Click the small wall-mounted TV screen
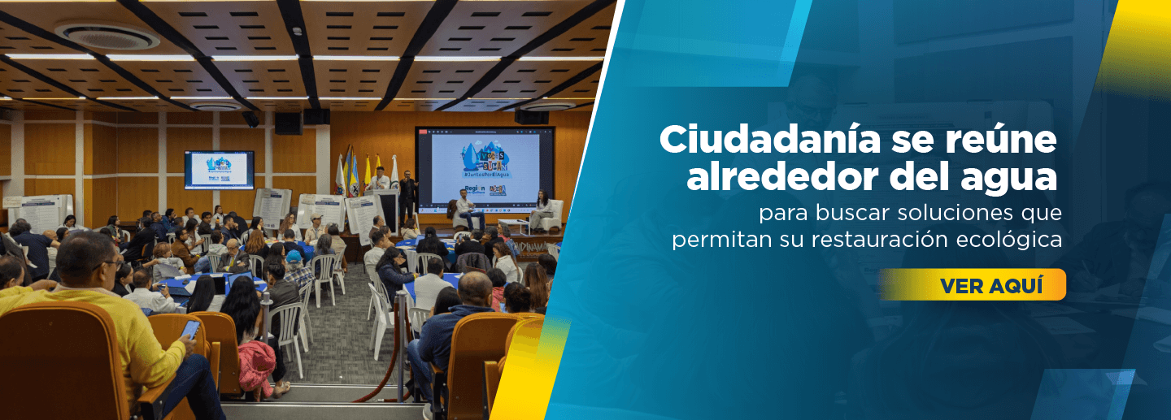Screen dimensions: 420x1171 click(219, 169)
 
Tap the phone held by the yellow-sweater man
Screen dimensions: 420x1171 click(190, 329)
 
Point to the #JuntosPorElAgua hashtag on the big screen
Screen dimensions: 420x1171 click(485, 174)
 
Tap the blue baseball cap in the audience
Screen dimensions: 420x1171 click(294, 258)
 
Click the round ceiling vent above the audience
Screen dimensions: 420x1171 click(107, 35)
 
